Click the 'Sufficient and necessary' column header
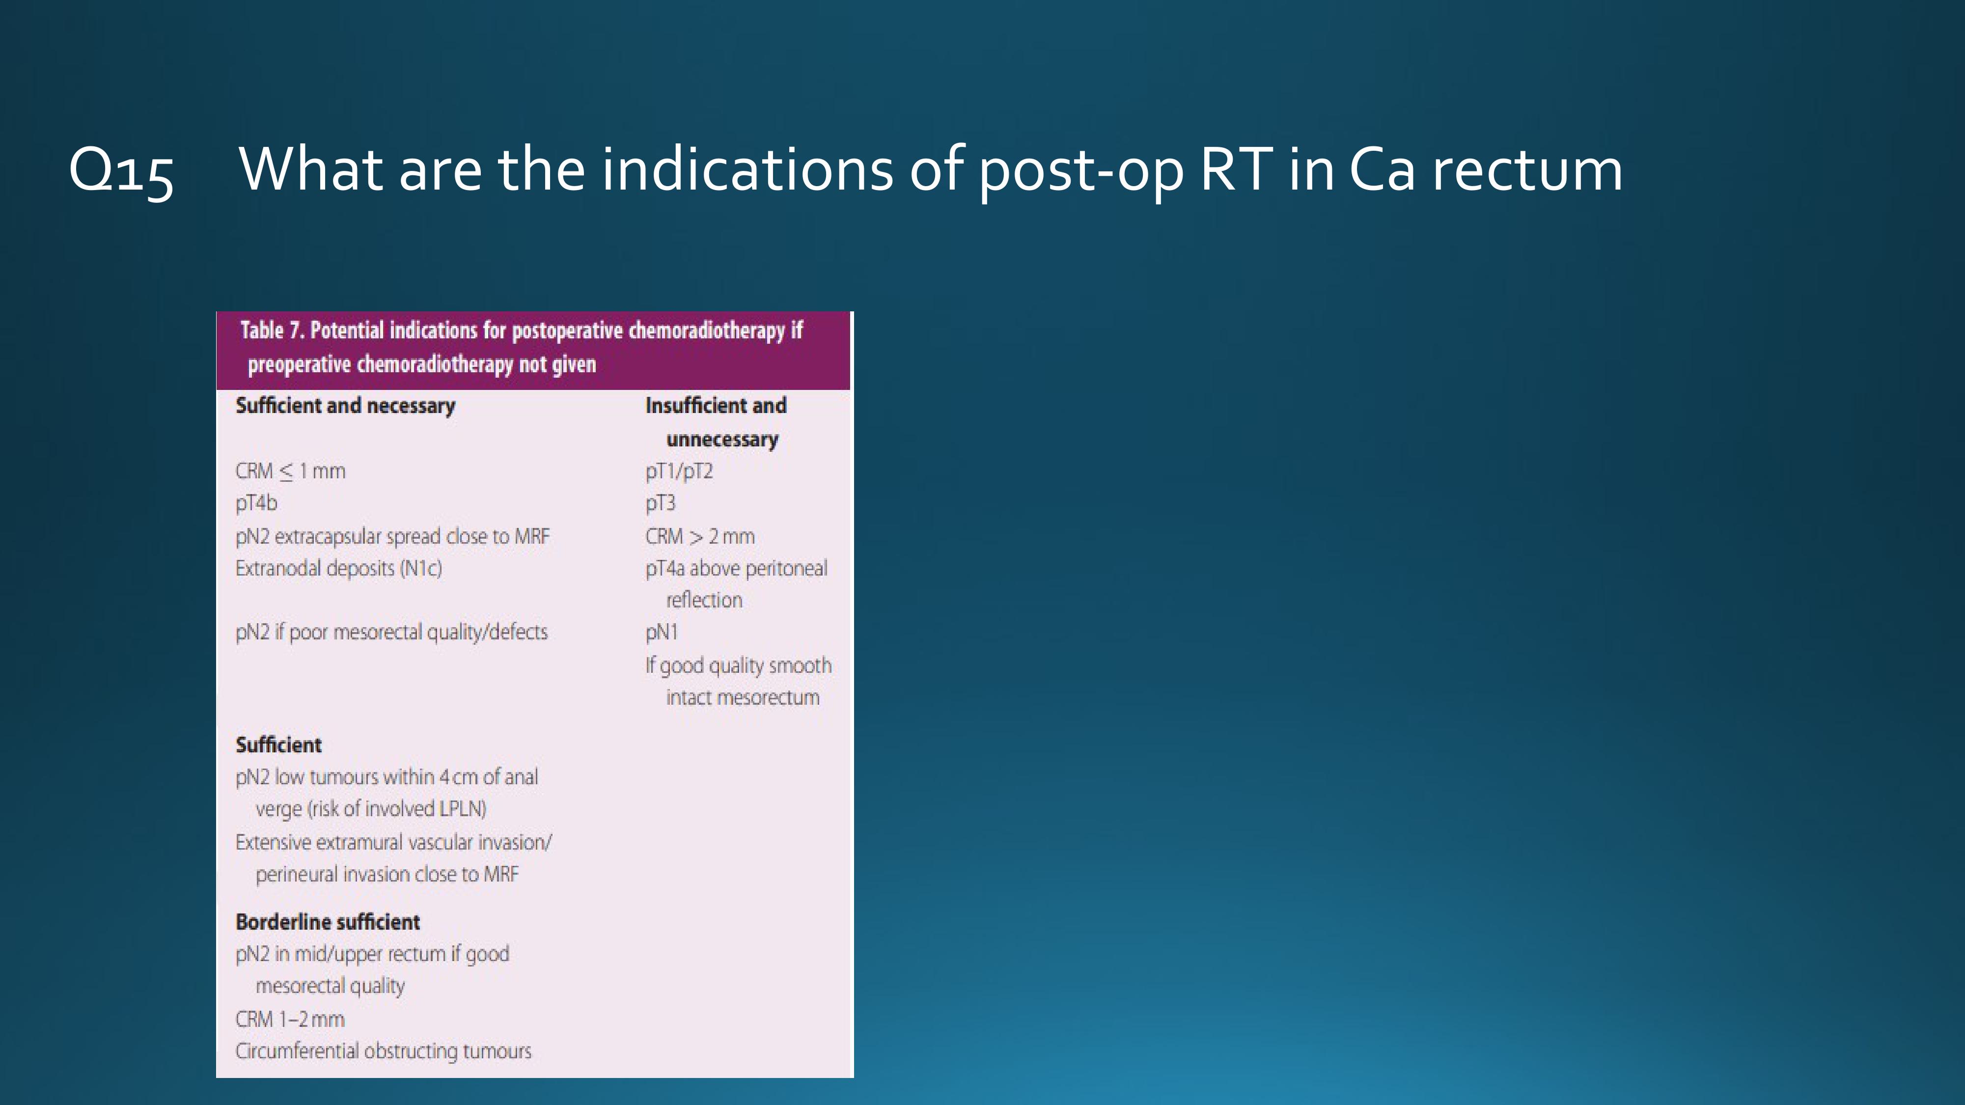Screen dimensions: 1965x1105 coord(346,406)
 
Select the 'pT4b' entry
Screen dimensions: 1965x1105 coord(256,503)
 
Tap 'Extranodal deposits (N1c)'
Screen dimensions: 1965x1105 coord(339,569)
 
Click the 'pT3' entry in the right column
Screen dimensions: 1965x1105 coord(661,503)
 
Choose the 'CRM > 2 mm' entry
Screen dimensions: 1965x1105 coord(699,536)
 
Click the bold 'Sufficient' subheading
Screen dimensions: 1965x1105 coord(278,745)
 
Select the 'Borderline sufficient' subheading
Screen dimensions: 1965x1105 coord(327,922)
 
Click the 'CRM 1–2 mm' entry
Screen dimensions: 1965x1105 coord(290,1020)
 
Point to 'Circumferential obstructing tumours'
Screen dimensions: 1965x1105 coord(384,1051)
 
